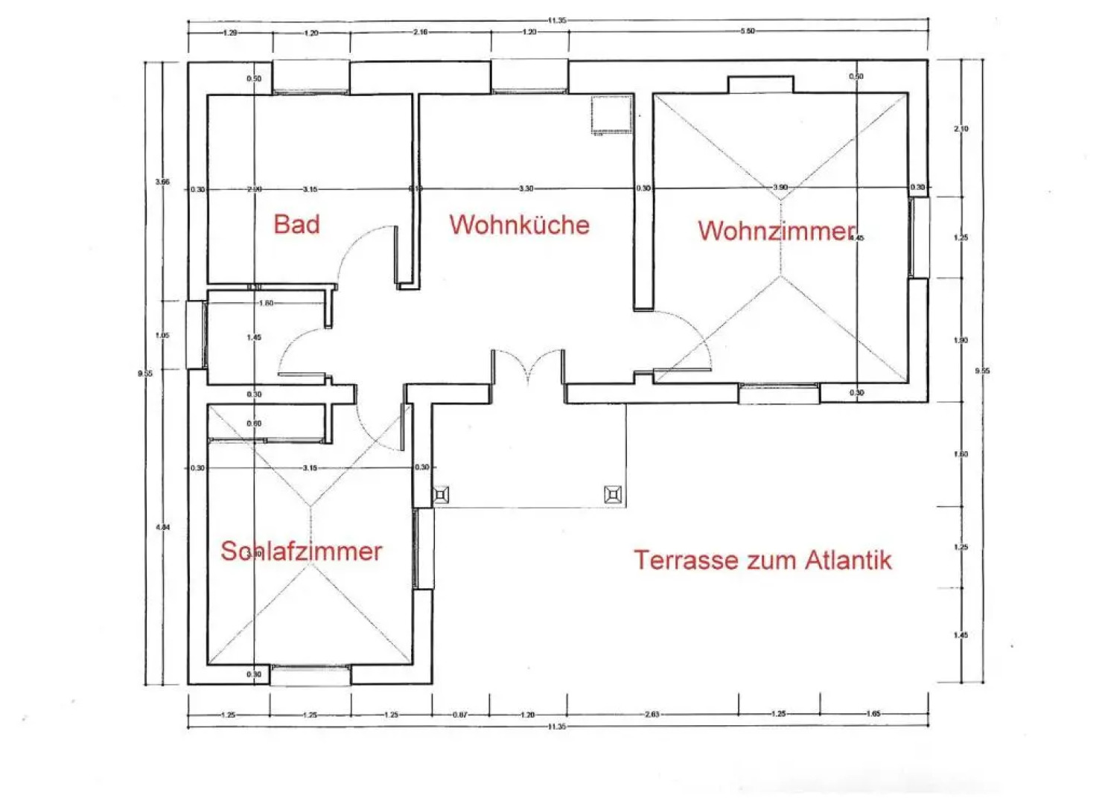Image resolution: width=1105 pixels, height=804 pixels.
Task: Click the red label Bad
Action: click(296, 224)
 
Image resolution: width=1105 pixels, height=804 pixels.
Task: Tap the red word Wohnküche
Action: click(519, 225)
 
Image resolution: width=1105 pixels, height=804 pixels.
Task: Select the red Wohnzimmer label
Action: click(776, 231)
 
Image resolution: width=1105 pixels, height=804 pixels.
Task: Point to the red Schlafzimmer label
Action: click(301, 551)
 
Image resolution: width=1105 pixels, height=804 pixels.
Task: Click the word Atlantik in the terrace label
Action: click(848, 560)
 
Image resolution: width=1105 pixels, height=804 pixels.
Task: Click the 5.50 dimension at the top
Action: click(747, 31)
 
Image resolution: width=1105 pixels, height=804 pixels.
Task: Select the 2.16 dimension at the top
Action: click(420, 32)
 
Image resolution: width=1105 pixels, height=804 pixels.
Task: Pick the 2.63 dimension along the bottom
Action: click(652, 715)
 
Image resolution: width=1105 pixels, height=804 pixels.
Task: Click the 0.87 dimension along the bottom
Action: click(459, 715)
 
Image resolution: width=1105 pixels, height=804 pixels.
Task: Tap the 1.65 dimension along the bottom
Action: click(873, 714)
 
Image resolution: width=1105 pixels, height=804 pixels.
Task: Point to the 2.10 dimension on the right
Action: click(961, 129)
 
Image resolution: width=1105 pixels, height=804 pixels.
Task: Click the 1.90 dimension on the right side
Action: click(961, 340)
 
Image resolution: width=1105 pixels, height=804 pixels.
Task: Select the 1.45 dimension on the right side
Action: click(961, 635)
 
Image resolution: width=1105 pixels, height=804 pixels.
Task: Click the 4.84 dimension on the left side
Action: click(162, 527)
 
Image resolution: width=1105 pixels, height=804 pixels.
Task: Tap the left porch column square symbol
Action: click(441, 494)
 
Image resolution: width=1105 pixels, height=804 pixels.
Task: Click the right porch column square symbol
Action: click(613, 494)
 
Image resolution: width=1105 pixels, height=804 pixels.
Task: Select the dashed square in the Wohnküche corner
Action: click(611, 115)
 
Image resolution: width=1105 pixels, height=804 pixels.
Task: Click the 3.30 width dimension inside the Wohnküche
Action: click(526, 188)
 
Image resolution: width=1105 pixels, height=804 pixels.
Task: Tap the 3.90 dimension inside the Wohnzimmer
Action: click(780, 187)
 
